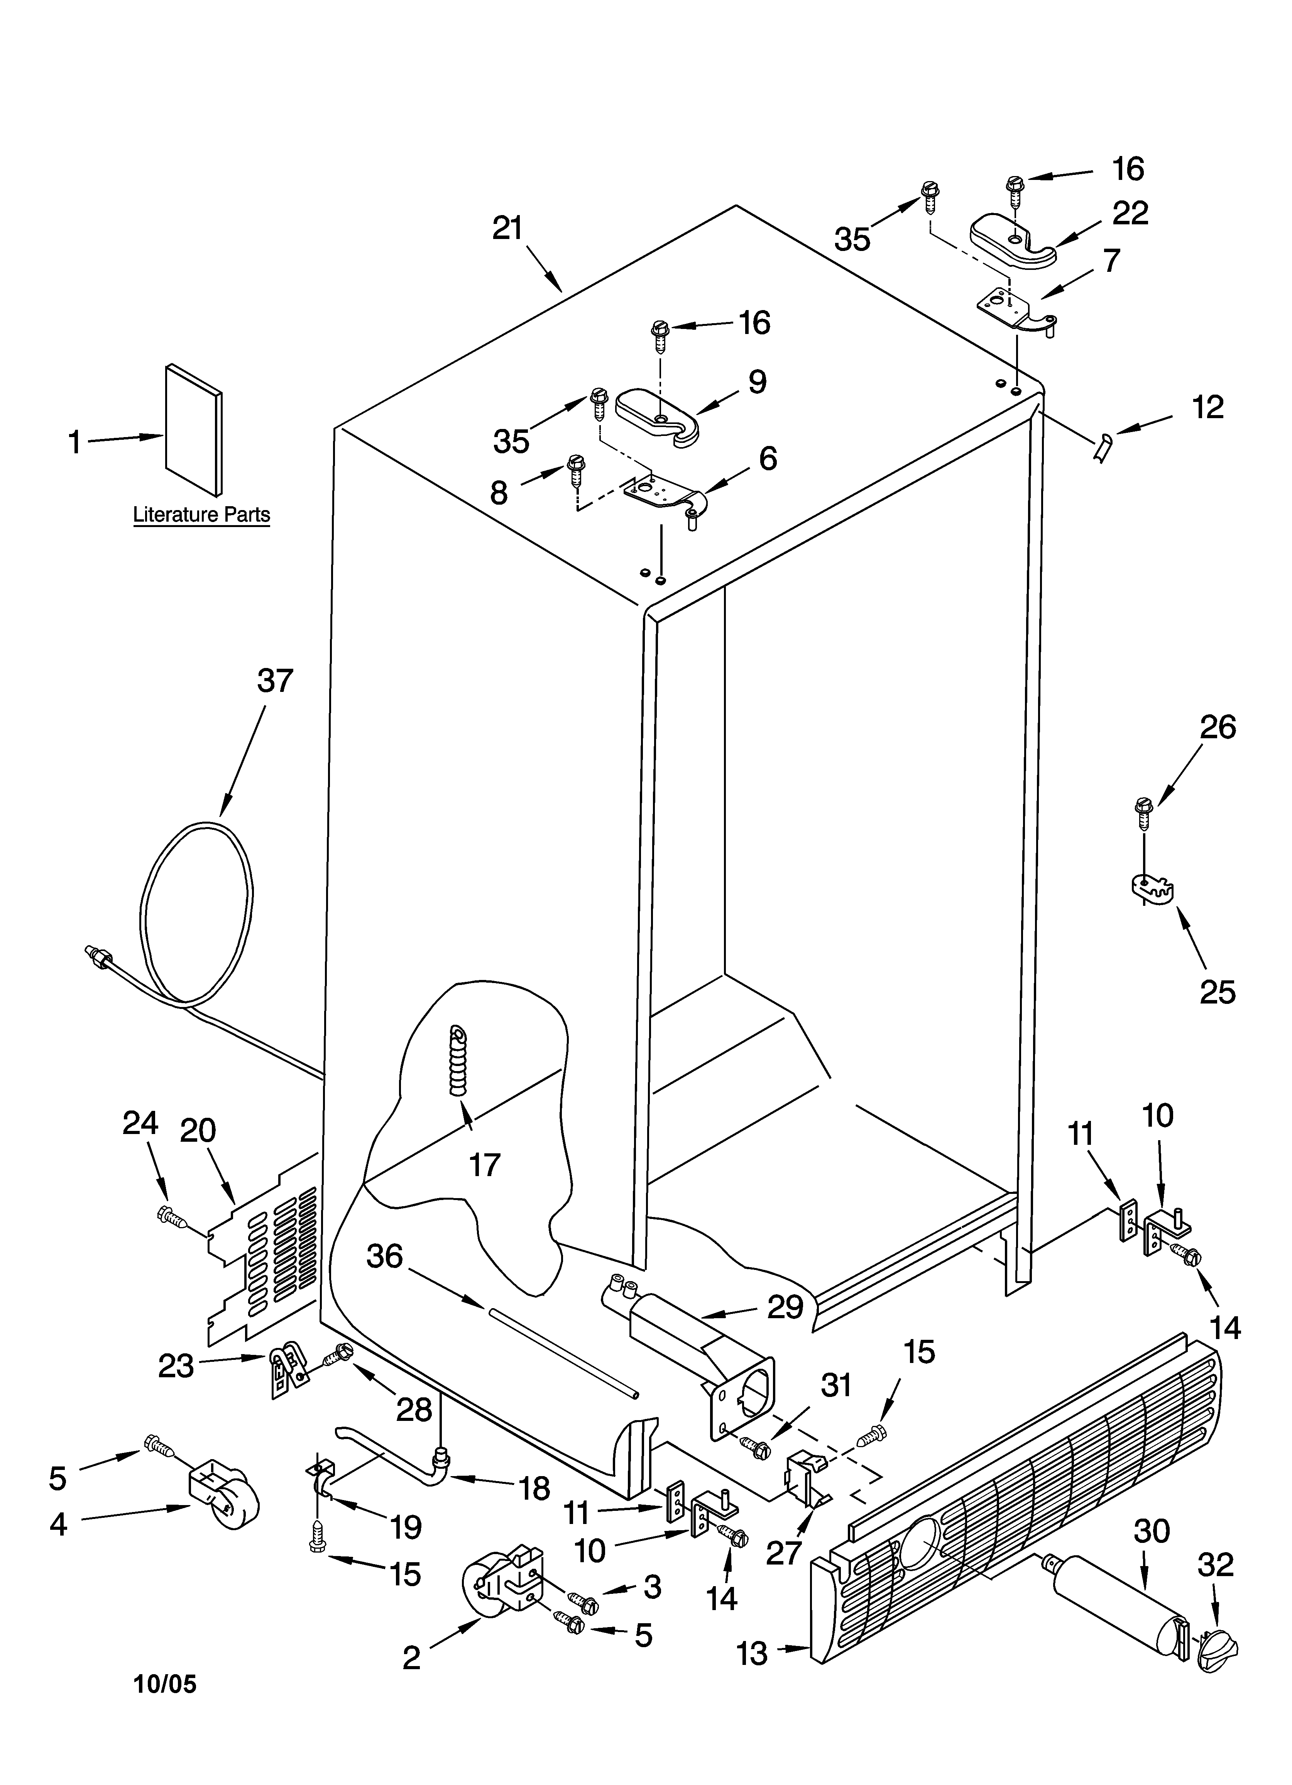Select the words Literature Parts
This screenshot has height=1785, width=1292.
coord(201,515)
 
